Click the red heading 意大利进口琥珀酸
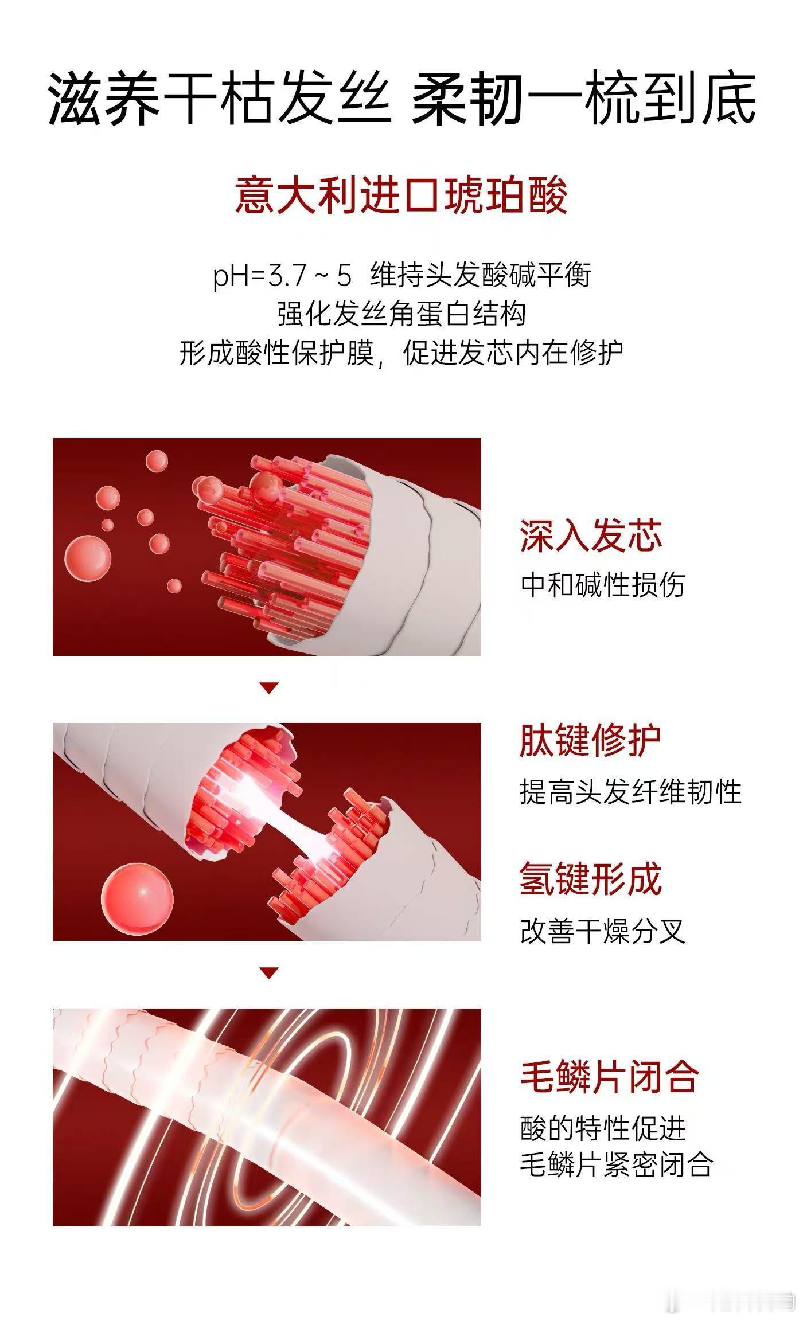pos(401,196)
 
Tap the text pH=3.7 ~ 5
pos(282,276)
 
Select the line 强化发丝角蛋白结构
pos(402,314)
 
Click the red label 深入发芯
pos(591,536)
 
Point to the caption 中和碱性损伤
pos(602,585)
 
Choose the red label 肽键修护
pos(591,741)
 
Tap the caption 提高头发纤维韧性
pos(630,792)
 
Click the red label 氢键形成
pos(591,879)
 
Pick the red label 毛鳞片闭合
pos(609,1077)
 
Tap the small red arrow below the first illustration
pos(269,688)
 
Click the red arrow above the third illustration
pos(269,972)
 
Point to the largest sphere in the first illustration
pos(88,558)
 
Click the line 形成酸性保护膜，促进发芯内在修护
pos(401,353)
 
